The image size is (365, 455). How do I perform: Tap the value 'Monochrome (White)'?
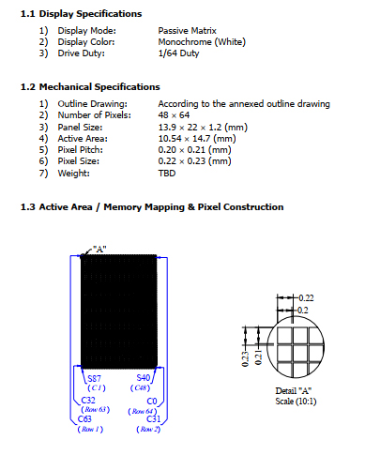coord(204,42)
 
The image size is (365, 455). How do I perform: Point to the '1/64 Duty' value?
coord(180,53)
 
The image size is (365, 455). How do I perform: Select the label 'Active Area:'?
coord(87,137)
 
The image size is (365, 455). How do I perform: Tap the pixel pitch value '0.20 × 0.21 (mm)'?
coord(194,148)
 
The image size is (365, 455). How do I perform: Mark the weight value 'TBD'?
coord(167,172)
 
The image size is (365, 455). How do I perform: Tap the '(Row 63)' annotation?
coord(96,409)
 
